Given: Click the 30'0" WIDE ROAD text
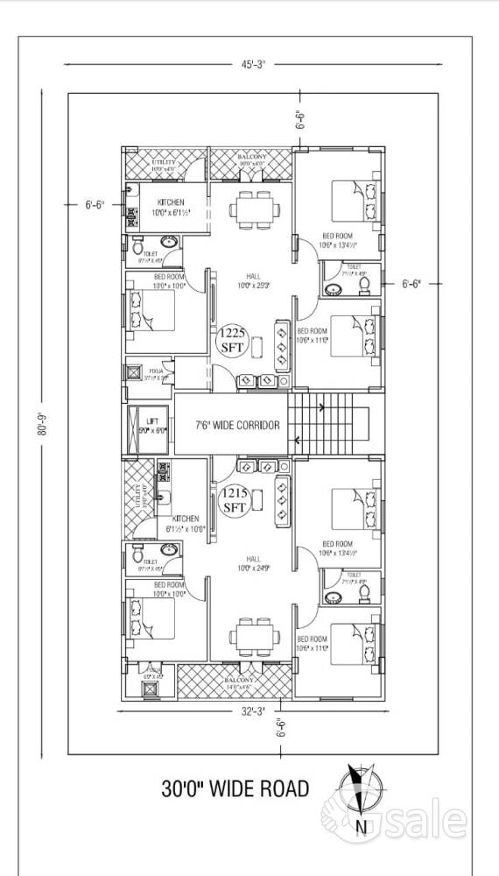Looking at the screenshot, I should click(x=235, y=789).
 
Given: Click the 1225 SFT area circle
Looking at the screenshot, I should click(x=232, y=339).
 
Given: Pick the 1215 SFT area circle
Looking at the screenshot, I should click(x=234, y=501).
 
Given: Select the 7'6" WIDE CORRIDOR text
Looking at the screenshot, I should click(x=237, y=425).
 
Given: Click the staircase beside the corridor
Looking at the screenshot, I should click(x=330, y=424).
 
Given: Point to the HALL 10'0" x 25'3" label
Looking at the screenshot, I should click(x=252, y=280).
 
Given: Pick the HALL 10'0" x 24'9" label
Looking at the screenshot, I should click(x=252, y=563).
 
